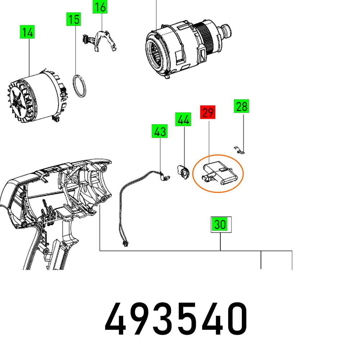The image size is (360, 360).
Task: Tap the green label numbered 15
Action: point(73,19)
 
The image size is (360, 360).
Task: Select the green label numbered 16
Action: point(100,6)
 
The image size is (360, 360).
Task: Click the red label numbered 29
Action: point(208,113)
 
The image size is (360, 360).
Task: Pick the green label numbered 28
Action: point(242,106)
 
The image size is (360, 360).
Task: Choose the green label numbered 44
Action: point(183,120)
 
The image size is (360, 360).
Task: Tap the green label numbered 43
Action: point(159,131)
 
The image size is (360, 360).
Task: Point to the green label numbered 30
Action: point(220,224)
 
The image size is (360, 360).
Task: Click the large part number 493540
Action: point(176,319)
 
